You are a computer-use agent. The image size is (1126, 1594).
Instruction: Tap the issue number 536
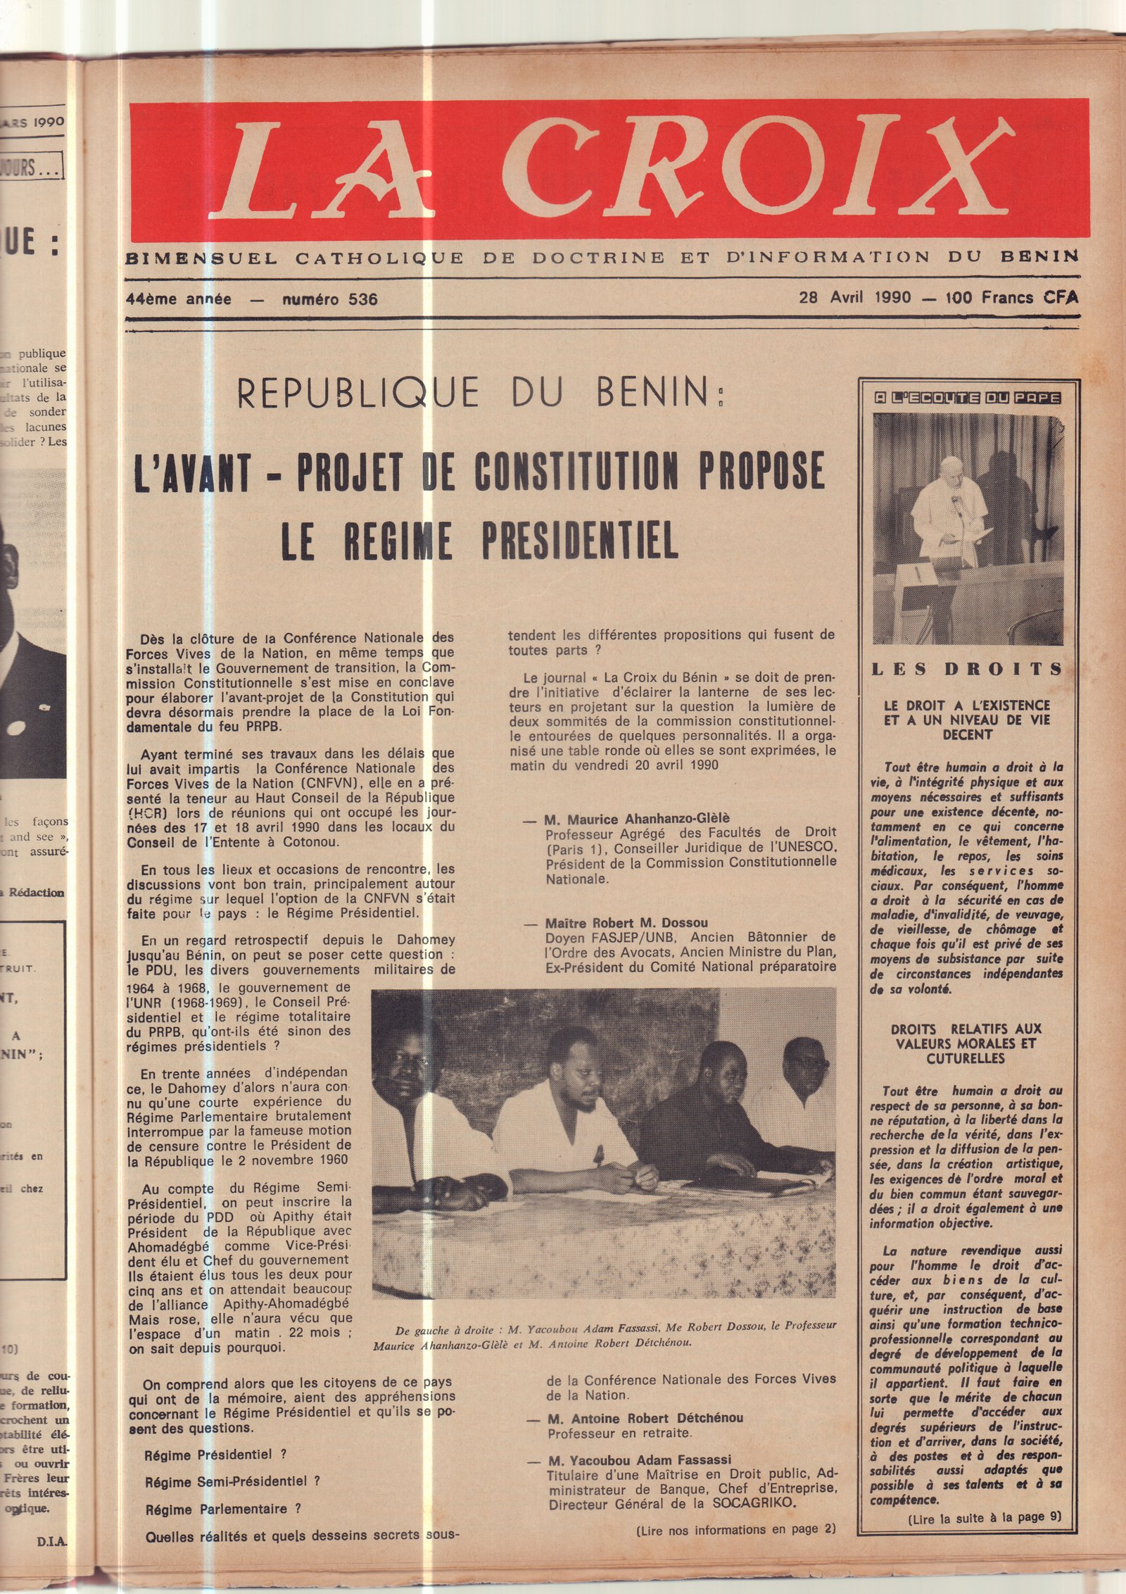[x=362, y=299]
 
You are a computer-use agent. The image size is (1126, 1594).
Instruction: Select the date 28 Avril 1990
[x=854, y=297]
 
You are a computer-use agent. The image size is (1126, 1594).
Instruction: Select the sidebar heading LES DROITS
[x=967, y=670]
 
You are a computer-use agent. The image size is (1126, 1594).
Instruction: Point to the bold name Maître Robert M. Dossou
[x=626, y=923]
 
